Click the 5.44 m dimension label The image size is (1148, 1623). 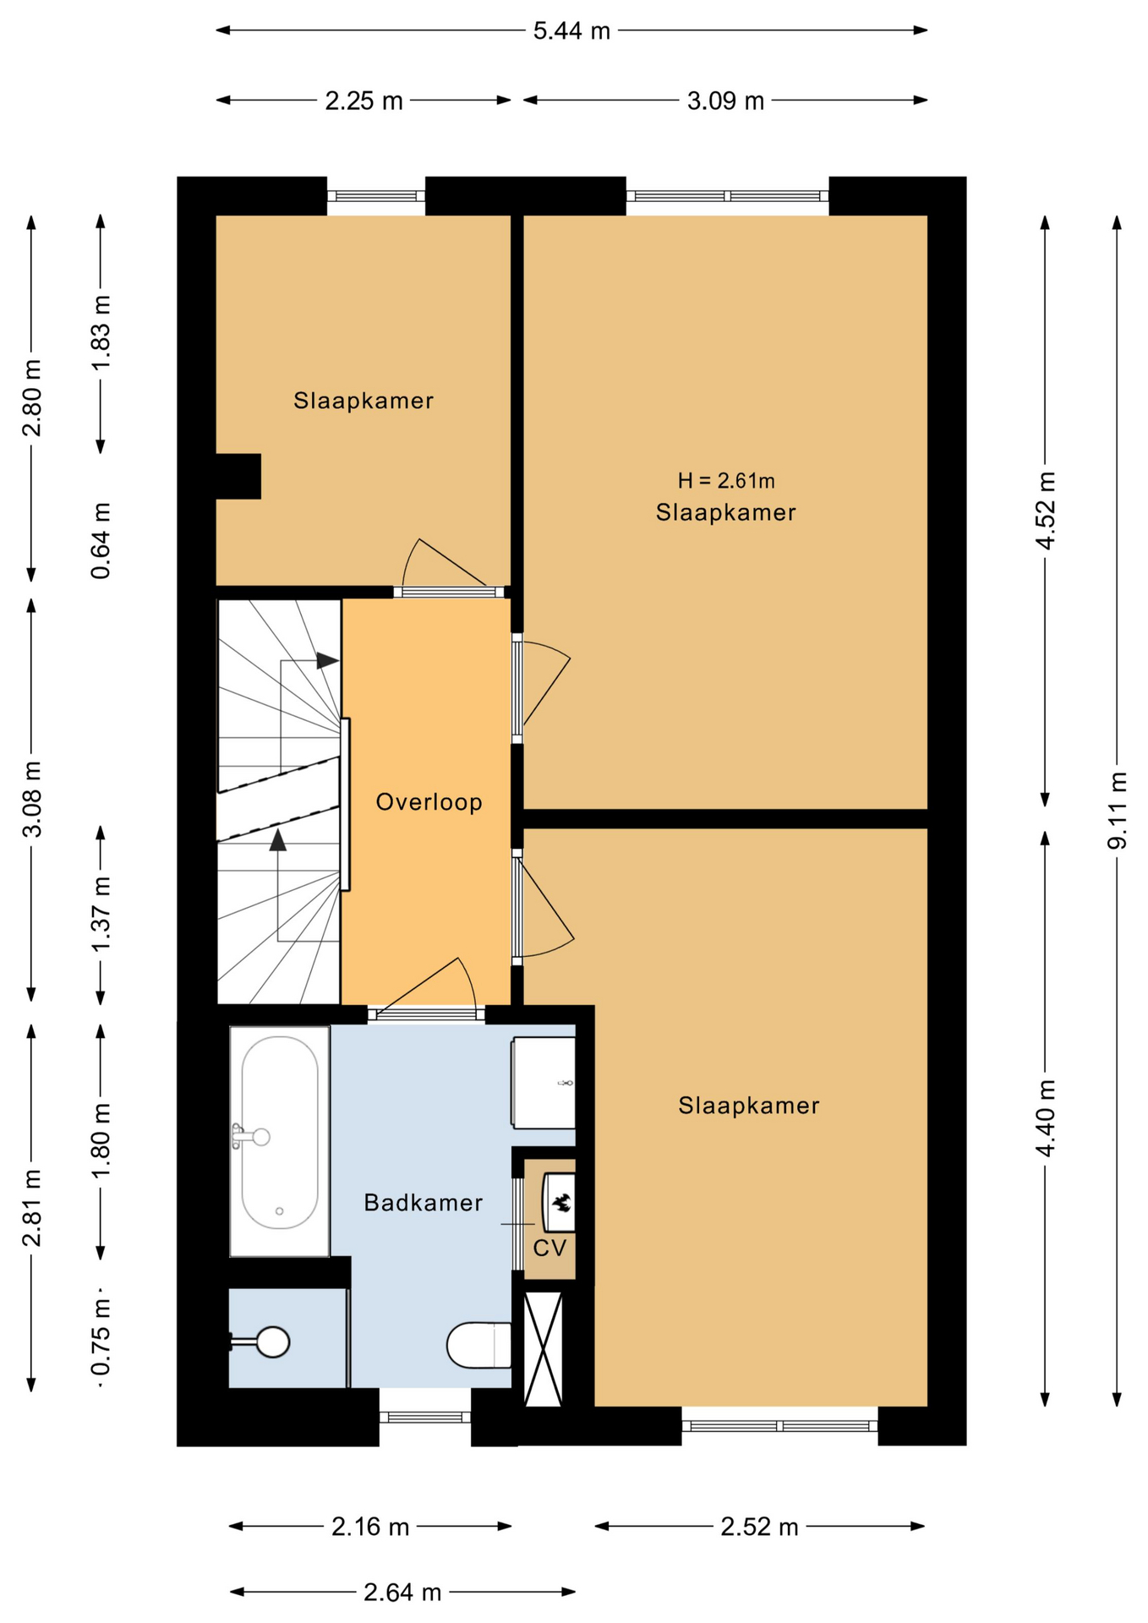click(x=571, y=31)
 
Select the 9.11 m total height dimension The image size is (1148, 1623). click(x=1118, y=810)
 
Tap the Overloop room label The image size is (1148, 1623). click(x=429, y=801)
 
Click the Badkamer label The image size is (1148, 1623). click(x=423, y=1202)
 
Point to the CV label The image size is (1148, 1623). click(x=549, y=1248)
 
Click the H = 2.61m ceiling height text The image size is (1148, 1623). click(x=726, y=481)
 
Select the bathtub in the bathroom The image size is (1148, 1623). click(x=280, y=1141)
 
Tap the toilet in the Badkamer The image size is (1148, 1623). click(x=478, y=1345)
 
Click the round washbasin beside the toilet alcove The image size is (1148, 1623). click(x=272, y=1342)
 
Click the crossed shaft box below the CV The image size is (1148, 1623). click(x=544, y=1349)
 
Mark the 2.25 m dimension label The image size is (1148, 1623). click(x=364, y=101)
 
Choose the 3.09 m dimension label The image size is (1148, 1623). click(x=725, y=101)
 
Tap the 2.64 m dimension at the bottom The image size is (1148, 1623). click(x=402, y=1593)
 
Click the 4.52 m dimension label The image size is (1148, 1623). click(x=1047, y=511)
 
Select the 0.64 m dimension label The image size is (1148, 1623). click(x=101, y=541)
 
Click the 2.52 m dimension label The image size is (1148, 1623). click(x=759, y=1527)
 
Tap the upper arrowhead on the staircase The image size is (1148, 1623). click(x=328, y=661)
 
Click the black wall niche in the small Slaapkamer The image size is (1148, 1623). click(x=238, y=477)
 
